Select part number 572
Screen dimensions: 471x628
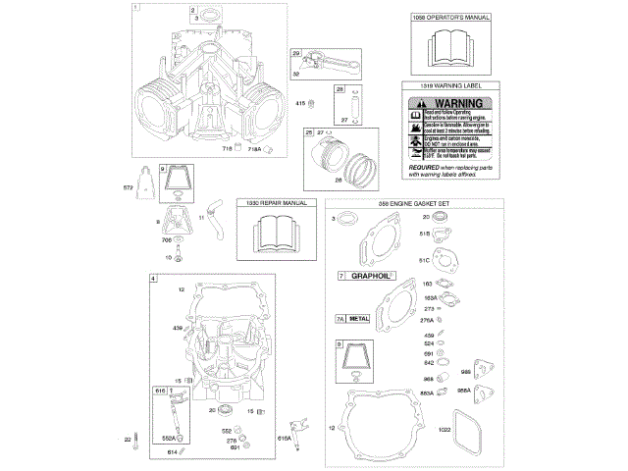[127, 187]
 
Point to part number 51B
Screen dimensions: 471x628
[426, 234]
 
